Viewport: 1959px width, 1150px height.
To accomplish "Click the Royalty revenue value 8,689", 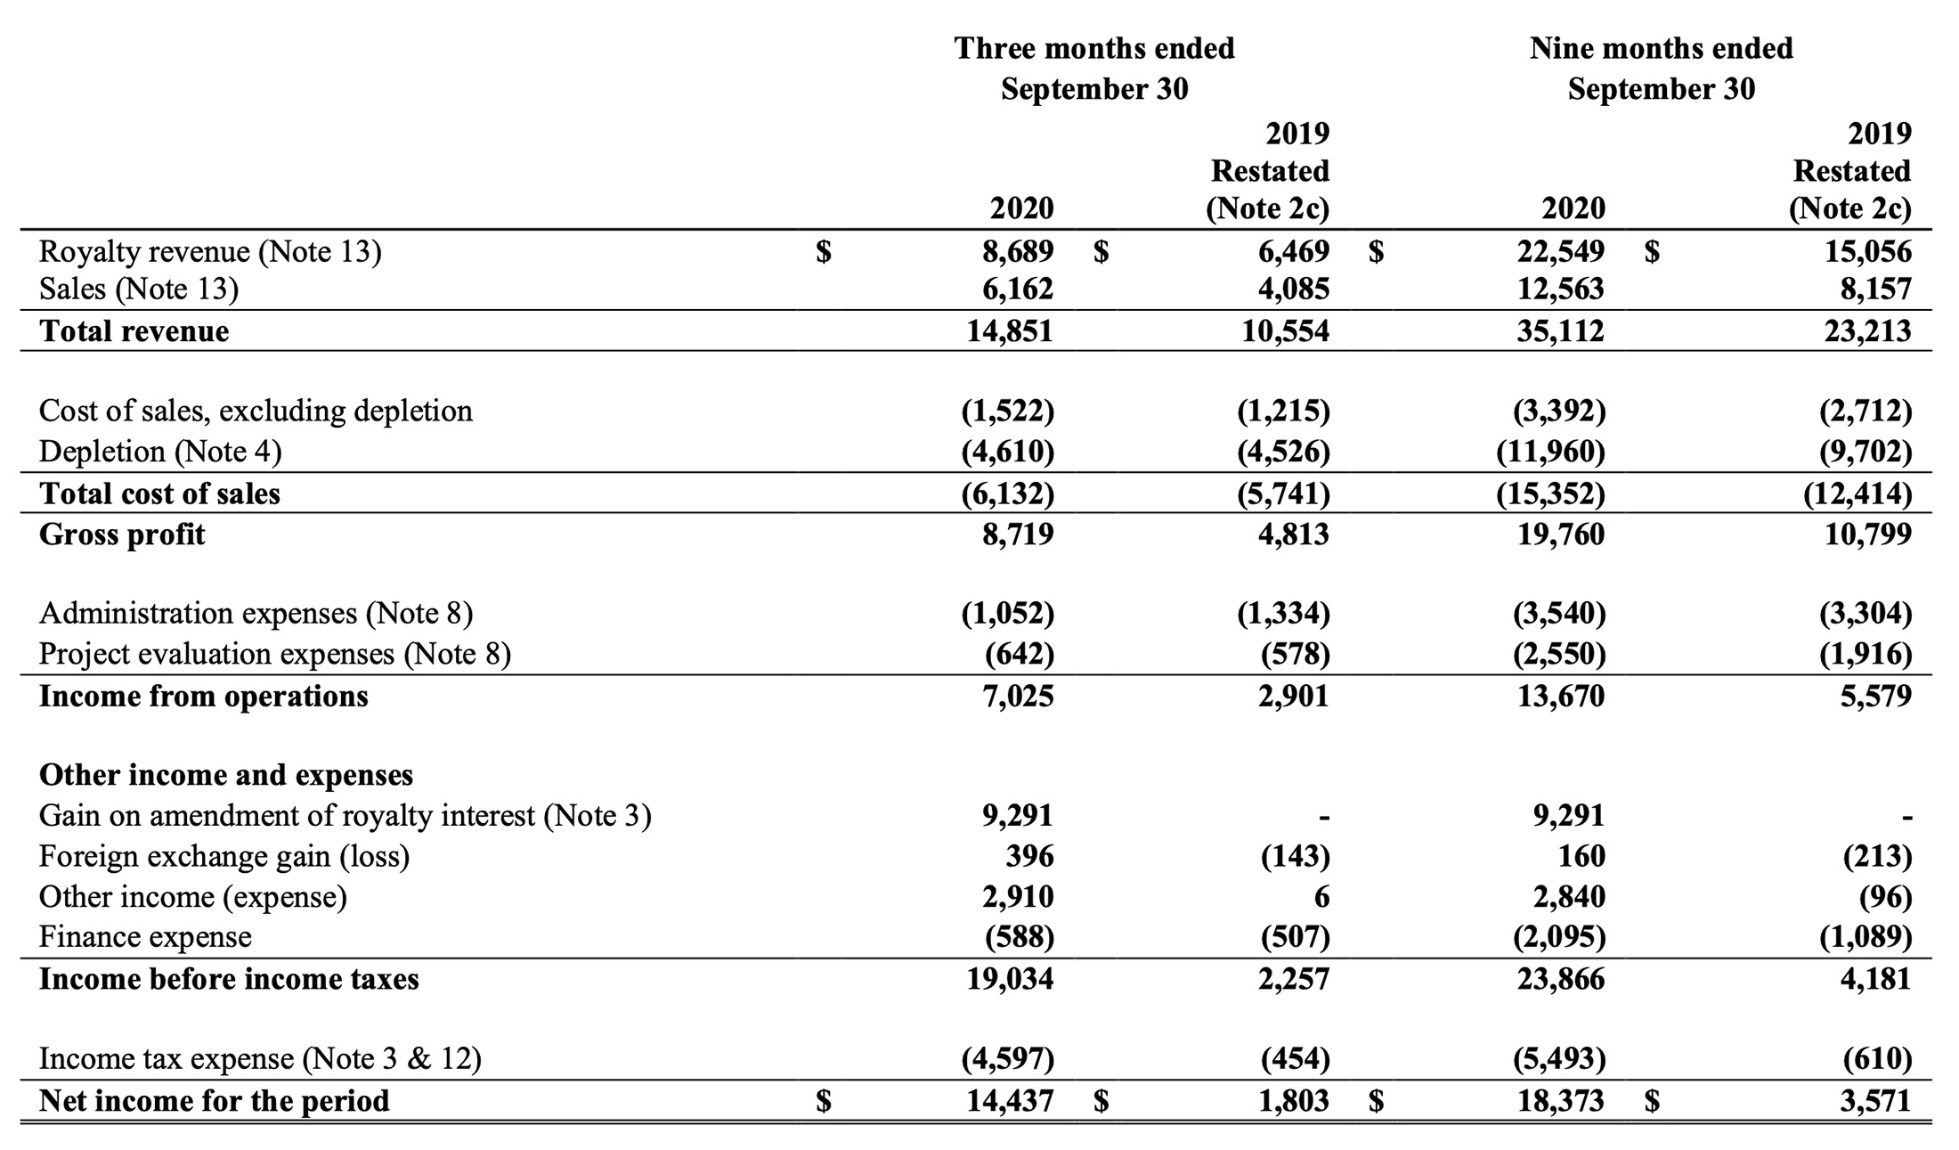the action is [x=1018, y=251].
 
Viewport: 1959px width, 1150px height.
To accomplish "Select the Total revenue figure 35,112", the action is [x=1561, y=330].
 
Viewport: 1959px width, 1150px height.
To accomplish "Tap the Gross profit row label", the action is [x=122, y=534].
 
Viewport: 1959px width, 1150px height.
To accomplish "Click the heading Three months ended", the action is [x=1094, y=48].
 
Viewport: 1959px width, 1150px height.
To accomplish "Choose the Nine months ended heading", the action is [x=1662, y=48].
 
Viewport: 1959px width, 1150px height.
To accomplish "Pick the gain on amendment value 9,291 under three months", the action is [x=1018, y=815].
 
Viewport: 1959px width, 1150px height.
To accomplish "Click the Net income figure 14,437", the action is [x=1011, y=1101].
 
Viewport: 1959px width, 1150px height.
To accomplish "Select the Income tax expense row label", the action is [x=260, y=1058].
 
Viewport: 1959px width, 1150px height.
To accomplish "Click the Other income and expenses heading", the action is [x=226, y=775].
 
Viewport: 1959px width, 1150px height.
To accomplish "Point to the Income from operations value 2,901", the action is [x=1294, y=696].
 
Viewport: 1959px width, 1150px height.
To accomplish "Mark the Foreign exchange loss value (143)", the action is [x=1296, y=856].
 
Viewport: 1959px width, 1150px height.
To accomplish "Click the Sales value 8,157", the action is [x=1876, y=289].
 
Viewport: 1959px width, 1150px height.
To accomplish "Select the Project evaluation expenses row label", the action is [x=275, y=654].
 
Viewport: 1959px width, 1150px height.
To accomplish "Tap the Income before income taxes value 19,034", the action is [x=1011, y=979].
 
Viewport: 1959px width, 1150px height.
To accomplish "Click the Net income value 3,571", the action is [x=1876, y=1101].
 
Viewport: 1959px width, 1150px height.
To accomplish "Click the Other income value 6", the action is [x=1321, y=897].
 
